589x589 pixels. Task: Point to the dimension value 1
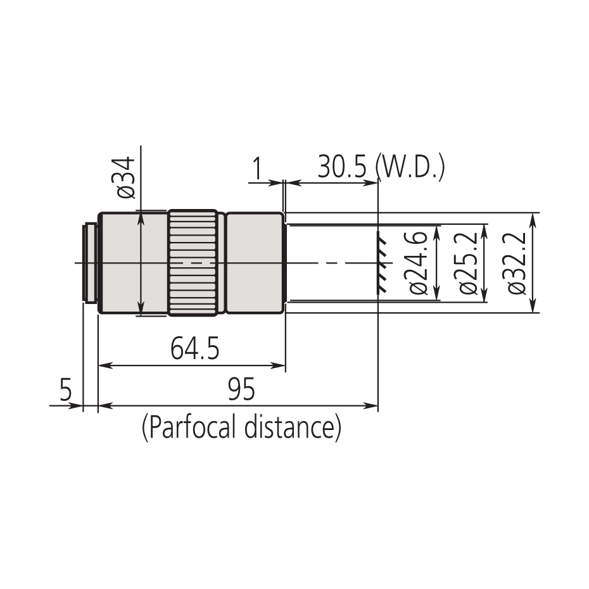pyautogui.click(x=257, y=169)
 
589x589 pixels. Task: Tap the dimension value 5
pyautogui.click(x=66, y=390)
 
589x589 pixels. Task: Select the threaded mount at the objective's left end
pyautogui.click(x=90, y=263)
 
